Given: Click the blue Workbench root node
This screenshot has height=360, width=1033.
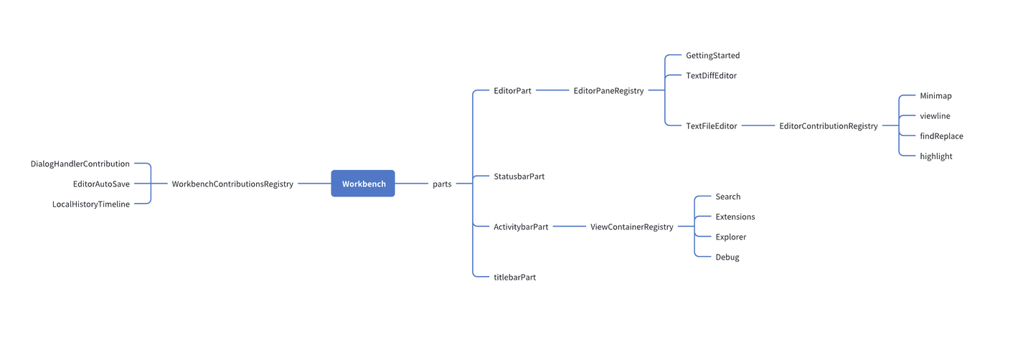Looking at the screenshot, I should click(363, 184).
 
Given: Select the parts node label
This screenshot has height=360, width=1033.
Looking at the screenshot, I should click(442, 184).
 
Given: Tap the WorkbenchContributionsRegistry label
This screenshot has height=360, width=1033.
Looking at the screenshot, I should click(232, 184).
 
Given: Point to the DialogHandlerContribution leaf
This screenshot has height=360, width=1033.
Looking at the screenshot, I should click(80, 164).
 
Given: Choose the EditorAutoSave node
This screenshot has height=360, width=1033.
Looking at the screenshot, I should click(101, 184).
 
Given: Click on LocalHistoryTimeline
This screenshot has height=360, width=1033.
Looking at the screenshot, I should click(91, 204).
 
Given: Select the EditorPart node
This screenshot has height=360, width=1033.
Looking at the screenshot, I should click(512, 91).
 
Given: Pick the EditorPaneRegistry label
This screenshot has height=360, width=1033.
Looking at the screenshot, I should click(608, 91).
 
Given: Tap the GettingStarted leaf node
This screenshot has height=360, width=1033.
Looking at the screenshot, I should click(712, 56).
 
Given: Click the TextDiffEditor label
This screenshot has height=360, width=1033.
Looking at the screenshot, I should click(711, 76).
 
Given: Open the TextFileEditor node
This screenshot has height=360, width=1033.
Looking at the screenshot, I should click(711, 126).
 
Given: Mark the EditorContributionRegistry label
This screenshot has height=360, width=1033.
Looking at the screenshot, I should click(829, 126).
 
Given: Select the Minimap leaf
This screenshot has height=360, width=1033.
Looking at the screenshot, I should click(935, 96).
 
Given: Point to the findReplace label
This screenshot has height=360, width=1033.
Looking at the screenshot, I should click(941, 136).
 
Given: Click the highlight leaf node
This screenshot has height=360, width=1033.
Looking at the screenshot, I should click(936, 156).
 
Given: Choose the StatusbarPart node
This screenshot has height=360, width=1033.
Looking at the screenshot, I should click(519, 176).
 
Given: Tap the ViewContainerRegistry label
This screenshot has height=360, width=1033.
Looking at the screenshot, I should click(631, 227).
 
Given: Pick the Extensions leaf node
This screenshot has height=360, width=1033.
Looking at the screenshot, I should click(735, 217).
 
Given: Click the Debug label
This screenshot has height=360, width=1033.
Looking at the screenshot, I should click(727, 257).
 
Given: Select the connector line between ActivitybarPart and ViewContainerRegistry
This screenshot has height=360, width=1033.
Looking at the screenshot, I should click(569, 227).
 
